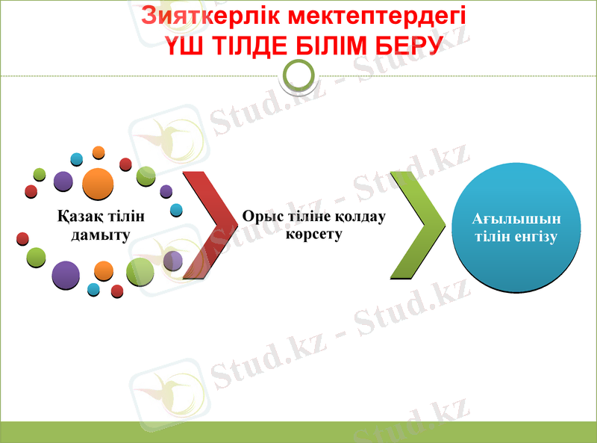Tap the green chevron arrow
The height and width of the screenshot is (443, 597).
point(416,225)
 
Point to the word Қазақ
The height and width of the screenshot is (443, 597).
point(79,217)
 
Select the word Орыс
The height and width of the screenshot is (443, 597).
point(260,217)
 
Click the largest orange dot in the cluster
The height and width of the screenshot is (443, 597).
point(98,184)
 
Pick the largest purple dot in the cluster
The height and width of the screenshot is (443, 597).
point(66,275)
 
